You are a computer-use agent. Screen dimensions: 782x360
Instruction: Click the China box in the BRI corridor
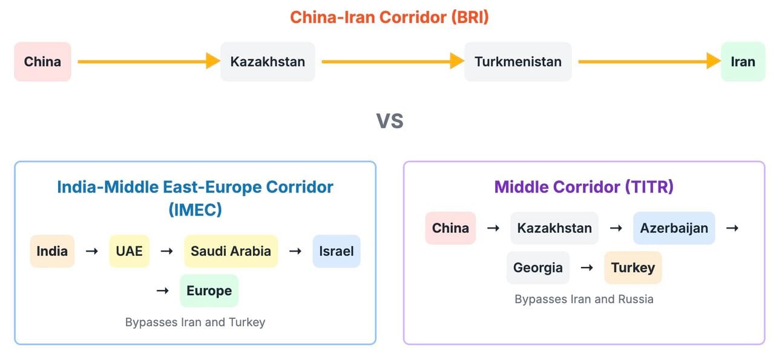pyautogui.click(x=42, y=62)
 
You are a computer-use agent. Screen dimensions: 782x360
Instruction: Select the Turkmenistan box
pyautogui.click(x=518, y=62)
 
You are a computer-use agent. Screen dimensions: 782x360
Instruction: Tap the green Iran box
pyautogui.click(x=743, y=62)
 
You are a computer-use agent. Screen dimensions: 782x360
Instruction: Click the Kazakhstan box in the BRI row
pyautogui.click(x=268, y=62)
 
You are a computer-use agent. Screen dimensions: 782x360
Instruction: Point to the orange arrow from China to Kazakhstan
pyautogui.click(x=149, y=61)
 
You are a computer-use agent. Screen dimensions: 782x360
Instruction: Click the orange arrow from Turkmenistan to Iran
pyautogui.click(x=649, y=61)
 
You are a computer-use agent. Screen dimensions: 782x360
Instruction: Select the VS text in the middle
pyautogui.click(x=390, y=121)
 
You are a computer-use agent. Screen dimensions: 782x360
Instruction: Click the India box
pyautogui.click(x=53, y=251)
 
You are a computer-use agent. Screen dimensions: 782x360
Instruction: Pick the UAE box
pyautogui.click(x=129, y=251)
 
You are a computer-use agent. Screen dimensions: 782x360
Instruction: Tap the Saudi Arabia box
pyautogui.click(x=231, y=251)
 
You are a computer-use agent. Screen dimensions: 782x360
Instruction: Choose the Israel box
pyautogui.click(x=337, y=251)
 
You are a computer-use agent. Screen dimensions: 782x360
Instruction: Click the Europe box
pyautogui.click(x=209, y=290)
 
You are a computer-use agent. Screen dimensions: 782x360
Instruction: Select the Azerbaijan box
pyautogui.click(x=674, y=228)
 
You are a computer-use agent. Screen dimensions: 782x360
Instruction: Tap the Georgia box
pyautogui.click(x=538, y=267)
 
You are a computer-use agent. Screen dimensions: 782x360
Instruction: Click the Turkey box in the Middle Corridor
pyautogui.click(x=633, y=267)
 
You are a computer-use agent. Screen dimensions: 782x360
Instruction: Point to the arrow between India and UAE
pyautogui.click(x=92, y=251)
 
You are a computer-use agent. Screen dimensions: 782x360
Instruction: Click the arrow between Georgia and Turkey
pyautogui.click(x=587, y=267)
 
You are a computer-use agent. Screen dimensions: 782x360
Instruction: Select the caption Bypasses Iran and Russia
pyautogui.click(x=584, y=299)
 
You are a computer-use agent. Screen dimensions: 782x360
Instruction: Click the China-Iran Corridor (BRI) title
pyautogui.click(x=390, y=17)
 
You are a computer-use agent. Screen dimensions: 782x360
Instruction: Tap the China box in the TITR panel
pyautogui.click(x=450, y=228)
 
